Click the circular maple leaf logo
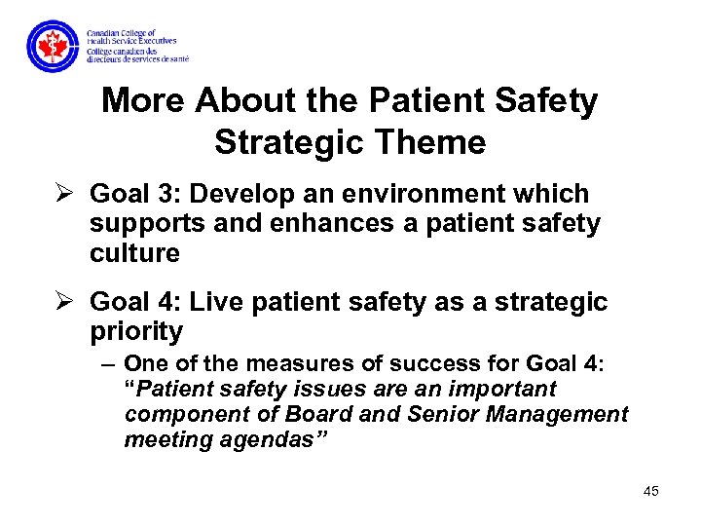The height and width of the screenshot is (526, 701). pyautogui.click(x=52, y=45)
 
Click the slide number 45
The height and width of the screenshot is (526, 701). pyautogui.click(x=650, y=491)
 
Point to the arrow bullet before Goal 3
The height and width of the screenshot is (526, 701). pyautogui.click(x=64, y=194)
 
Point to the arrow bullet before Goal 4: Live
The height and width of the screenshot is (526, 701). pyautogui.click(x=64, y=302)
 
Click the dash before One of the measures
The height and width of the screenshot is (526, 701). pyautogui.click(x=107, y=364)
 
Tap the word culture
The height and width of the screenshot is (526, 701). pyautogui.click(x=134, y=253)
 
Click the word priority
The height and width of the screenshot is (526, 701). pyautogui.click(x=135, y=332)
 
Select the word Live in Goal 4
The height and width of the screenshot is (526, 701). pyautogui.click(x=213, y=302)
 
